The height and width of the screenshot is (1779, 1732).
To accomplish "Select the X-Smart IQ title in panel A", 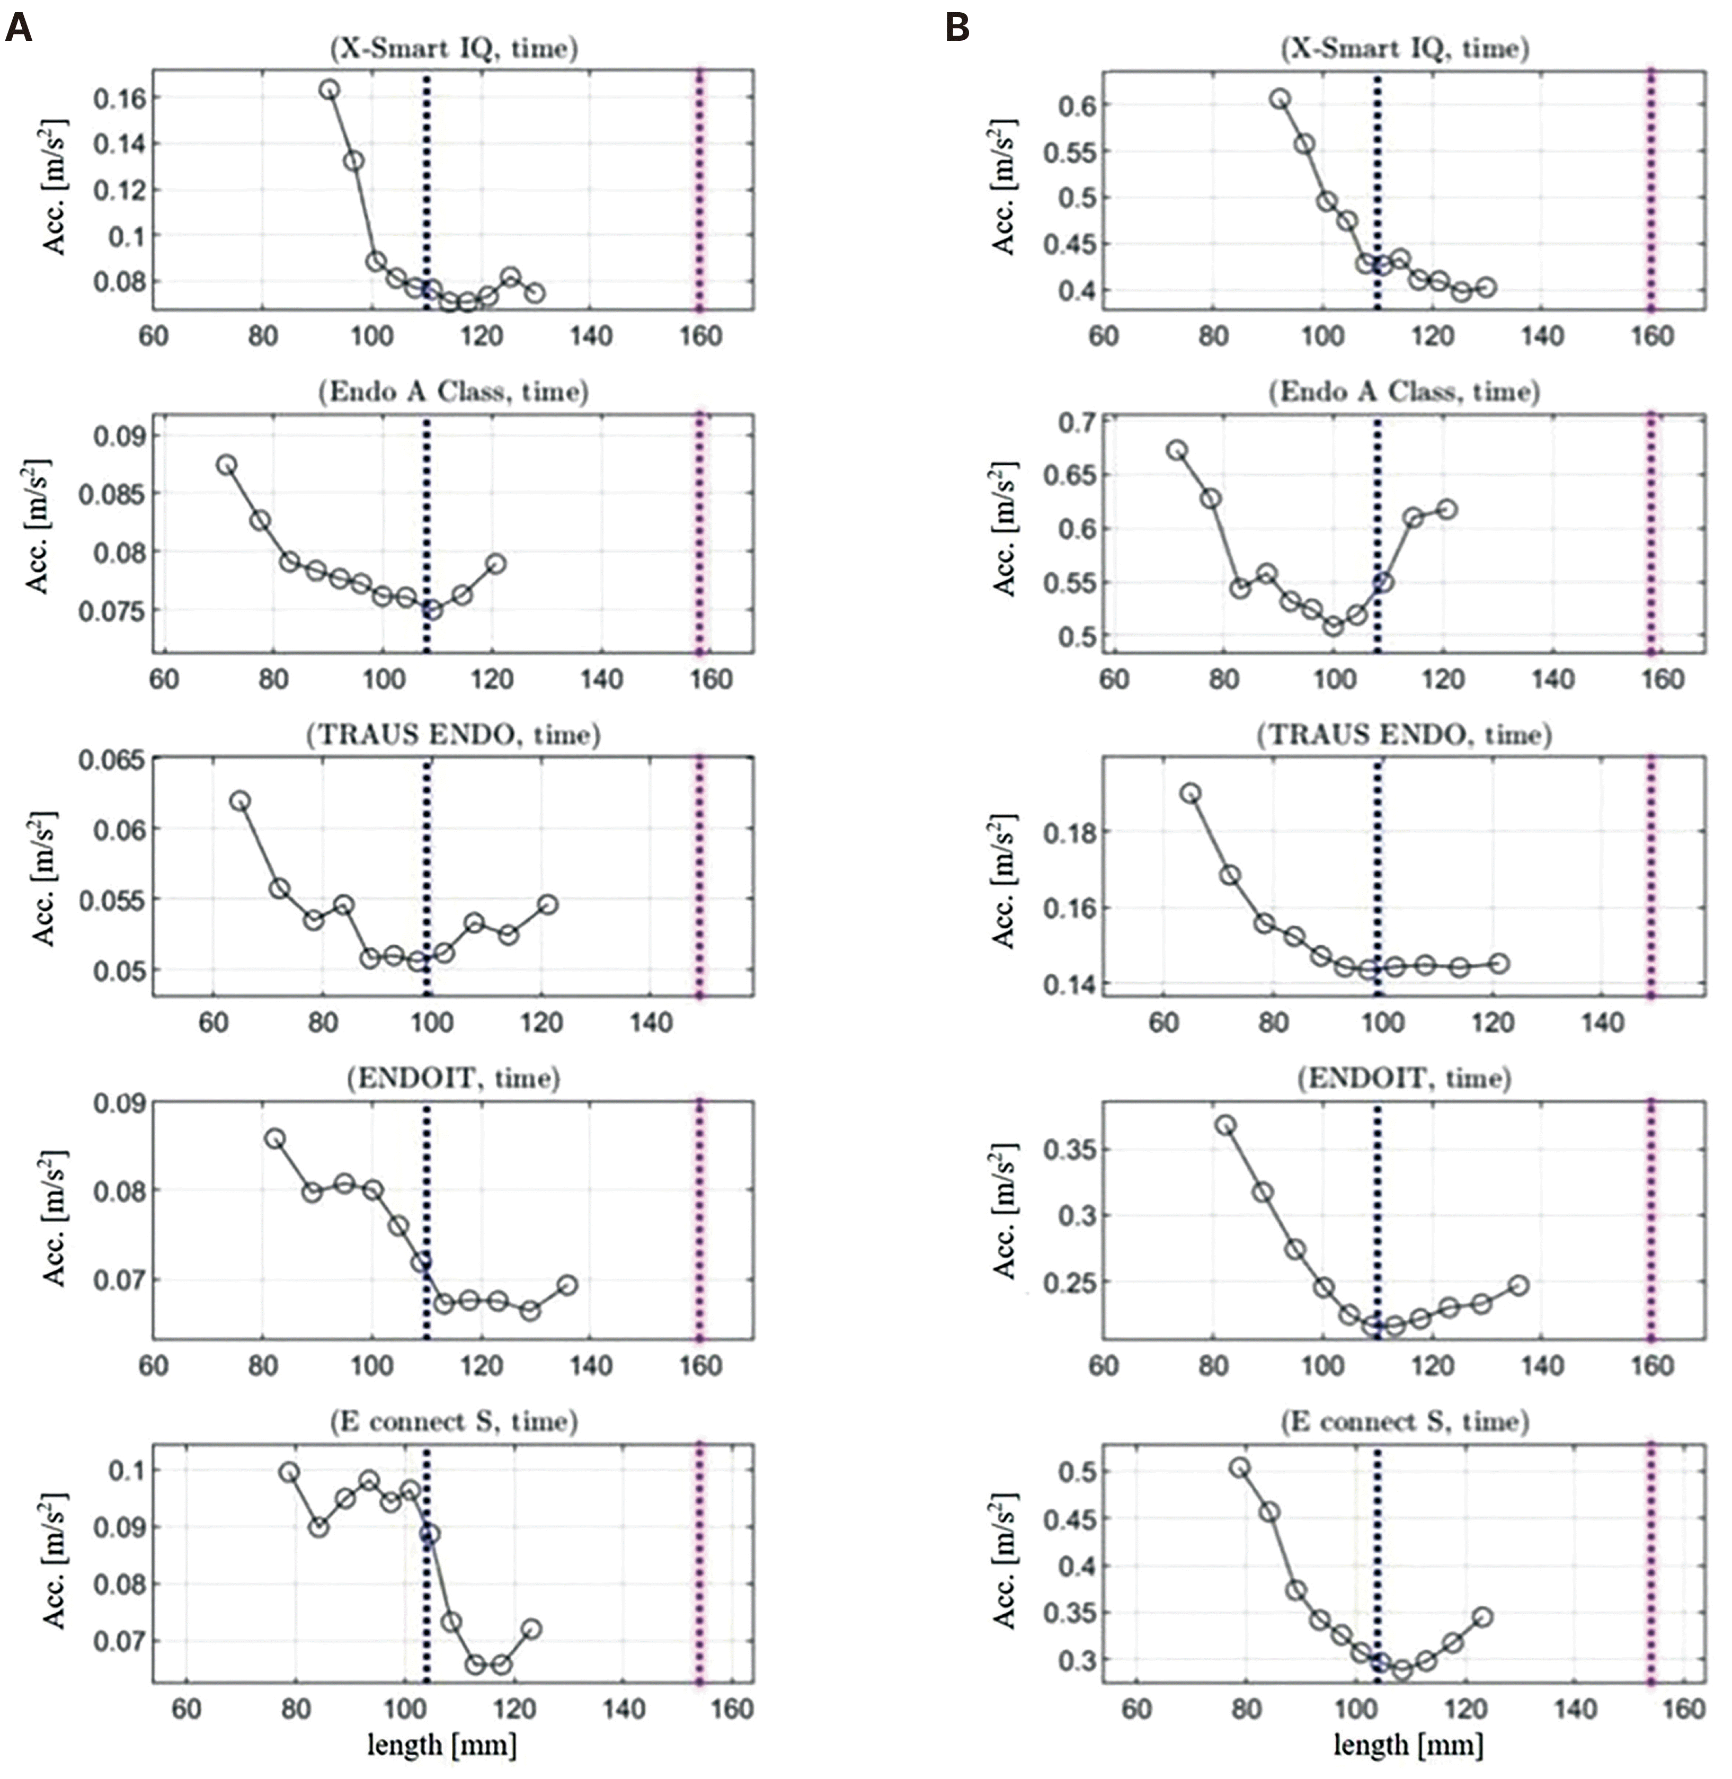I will click(453, 48).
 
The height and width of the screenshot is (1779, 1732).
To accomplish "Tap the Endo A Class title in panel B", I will click(1404, 392).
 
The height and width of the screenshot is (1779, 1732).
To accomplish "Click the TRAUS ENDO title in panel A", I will click(453, 735).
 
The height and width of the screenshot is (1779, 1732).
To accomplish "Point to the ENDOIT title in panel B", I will click(1404, 1079).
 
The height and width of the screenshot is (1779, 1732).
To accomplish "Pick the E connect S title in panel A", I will click(453, 1421).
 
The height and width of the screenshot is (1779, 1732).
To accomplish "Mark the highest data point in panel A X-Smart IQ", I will click(330, 89).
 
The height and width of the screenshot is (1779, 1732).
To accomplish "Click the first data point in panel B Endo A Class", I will click(1177, 450).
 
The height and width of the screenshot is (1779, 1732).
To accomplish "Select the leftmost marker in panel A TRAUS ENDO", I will click(240, 801).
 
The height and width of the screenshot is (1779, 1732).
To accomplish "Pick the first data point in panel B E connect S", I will click(1239, 1468).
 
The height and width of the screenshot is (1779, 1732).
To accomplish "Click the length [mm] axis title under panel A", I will click(442, 1745).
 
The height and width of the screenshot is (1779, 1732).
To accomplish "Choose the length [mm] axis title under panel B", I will click(1408, 1745).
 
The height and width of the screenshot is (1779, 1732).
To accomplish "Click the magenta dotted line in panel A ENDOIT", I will click(699, 1218).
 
